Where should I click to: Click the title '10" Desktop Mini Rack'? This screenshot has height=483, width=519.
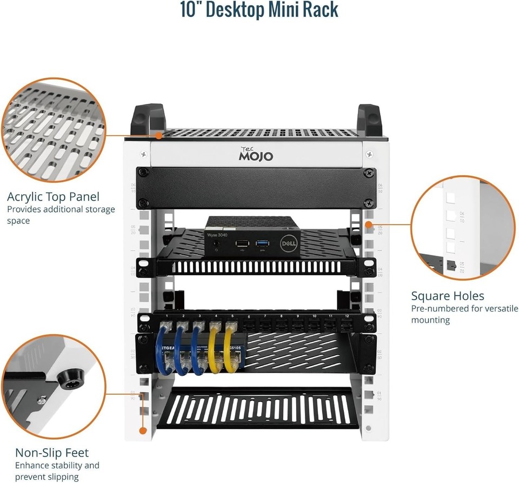pyautogui.click(x=259, y=10)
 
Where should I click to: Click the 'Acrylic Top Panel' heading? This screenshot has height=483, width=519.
pyautogui.click(x=53, y=196)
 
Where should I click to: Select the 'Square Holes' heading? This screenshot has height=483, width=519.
pyautogui.click(x=447, y=296)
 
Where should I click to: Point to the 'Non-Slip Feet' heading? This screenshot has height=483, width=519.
pyautogui.click(x=52, y=452)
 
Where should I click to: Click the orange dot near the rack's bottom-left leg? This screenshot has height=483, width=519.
pyautogui.click(x=143, y=431)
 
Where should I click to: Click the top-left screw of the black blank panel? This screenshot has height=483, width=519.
pyautogui.click(x=143, y=173)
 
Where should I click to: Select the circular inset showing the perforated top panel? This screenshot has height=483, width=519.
pyautogui.click(x=53, y=130)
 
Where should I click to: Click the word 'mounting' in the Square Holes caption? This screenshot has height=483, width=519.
pyautogui.click(x=430, y=320)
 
